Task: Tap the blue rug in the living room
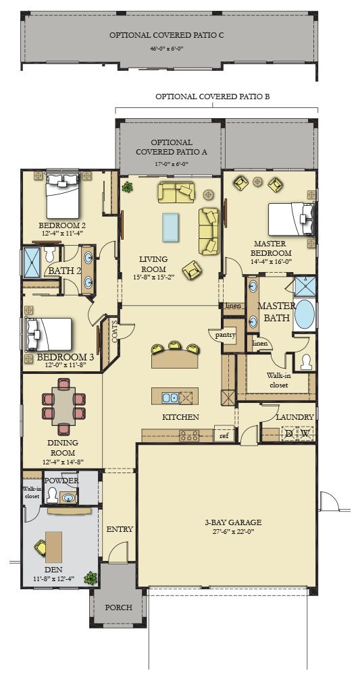[170, 227]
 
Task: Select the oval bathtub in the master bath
[305, 314]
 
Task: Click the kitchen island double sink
[170, 398]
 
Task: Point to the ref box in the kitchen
[224, 435]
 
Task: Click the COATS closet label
[114, 331]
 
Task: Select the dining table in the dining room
[63, 406]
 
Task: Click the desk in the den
[53, 547]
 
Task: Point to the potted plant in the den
[91, 578]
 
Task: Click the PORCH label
[118, 607]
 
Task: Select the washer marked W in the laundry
[305, 433]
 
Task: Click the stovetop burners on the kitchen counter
[190, 435]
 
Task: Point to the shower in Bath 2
[32, 262]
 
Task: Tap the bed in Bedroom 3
[49, 334]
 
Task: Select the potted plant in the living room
[127, 187]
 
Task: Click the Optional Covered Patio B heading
[213, 97]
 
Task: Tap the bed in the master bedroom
[292, 219]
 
